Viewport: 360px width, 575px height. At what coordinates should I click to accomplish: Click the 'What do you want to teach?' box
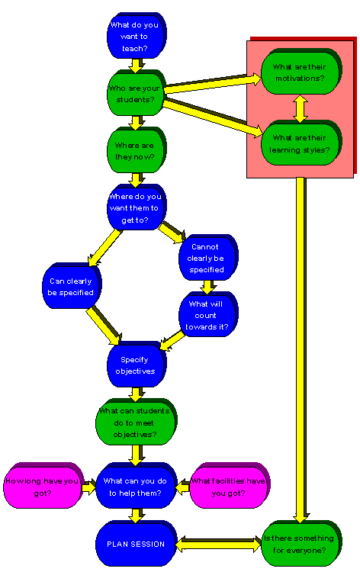click(x=134, y=37)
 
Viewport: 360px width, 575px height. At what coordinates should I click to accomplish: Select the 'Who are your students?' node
click(x=134, y=93)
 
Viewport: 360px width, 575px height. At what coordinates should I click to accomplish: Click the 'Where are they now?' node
click(x=134, y=150)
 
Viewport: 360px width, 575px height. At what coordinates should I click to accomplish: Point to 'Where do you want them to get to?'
click(x=134, y=210)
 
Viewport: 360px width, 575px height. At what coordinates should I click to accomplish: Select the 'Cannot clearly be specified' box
click(x=206, y=258)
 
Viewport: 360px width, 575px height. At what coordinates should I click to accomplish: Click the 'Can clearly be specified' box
click(x=67, y=286)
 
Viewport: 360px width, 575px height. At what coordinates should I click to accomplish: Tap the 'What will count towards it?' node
click(x=206, y=315)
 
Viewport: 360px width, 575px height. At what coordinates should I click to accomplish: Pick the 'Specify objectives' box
click(x=136, y=365)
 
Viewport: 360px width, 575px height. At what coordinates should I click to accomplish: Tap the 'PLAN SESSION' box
click(x=134, y=544)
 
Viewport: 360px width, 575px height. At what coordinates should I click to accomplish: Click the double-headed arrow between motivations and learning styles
click(x=300, y=108)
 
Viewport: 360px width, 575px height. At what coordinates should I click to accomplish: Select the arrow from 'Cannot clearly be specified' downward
click(x=206, y=287)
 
